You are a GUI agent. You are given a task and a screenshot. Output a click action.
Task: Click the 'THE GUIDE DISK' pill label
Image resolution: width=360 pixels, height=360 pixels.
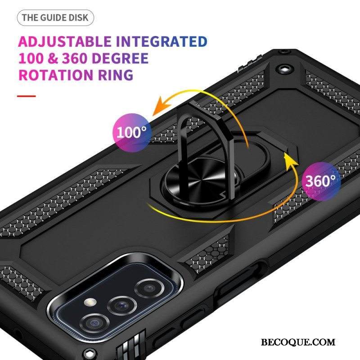56,18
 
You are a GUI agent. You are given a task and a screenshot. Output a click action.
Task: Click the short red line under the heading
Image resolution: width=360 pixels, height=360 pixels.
27,95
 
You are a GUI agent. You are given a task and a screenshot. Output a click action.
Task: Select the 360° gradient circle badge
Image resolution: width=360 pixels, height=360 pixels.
320,181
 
